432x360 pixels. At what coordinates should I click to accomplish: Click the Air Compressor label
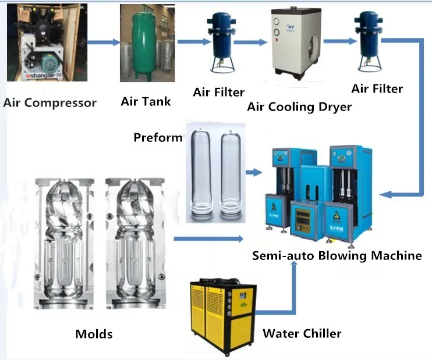coord(50,104)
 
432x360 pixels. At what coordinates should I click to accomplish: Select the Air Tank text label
coord(146,102)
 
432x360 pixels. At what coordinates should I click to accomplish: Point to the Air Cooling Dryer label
coord(299,106)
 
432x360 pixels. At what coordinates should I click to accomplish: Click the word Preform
coord(158,138)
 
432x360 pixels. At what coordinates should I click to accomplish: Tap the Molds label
coord(94,334)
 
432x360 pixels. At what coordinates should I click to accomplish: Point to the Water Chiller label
coord(302,334)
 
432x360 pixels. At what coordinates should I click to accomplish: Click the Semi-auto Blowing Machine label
coord(337,256)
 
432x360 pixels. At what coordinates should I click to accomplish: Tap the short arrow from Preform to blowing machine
coord(254,172)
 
